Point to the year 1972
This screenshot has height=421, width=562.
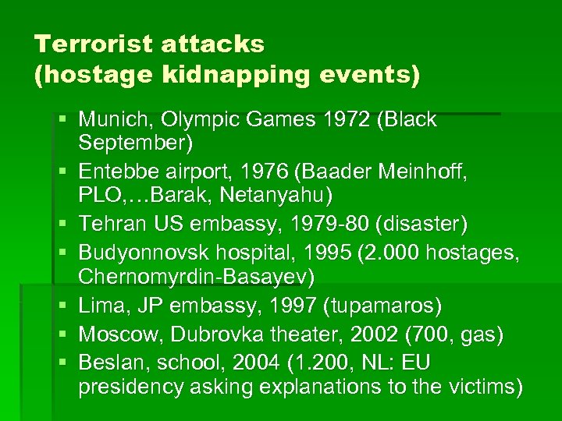click(340, 121)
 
